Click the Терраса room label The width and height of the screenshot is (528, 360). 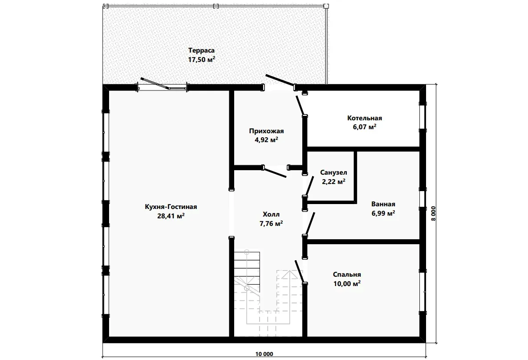point(201,50)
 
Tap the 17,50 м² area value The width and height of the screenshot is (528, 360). point(201,60)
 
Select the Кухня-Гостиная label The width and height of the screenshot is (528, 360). point(171,207)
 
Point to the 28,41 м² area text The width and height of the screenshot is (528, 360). point(171,216)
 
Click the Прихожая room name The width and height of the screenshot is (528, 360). point(266,131)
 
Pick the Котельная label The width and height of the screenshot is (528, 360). point(365,118)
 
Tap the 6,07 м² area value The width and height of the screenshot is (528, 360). point(365,127)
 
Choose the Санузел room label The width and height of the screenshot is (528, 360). point(333,172)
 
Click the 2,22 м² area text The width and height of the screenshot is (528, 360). point(333,182)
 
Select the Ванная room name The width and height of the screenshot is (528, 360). point(383,204)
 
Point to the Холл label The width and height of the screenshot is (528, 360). point(271,214)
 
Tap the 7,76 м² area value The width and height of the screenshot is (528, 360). point(271,224)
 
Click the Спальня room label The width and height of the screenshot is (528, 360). point(347,275)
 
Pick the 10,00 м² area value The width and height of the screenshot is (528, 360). point(347,284)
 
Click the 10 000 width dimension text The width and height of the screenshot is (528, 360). point(264,354)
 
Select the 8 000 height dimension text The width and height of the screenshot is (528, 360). point(433,213)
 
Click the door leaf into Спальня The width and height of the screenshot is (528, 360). point(300,271)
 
